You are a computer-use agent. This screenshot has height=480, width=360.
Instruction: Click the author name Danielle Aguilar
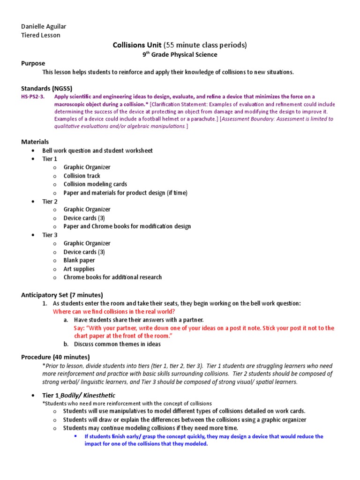pos(43,26)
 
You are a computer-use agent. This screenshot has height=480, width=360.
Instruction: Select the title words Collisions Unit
pos(137,45)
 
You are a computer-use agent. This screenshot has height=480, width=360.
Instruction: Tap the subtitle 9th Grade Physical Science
pos(180,54)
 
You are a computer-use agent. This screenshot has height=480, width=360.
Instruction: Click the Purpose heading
pos(33,63)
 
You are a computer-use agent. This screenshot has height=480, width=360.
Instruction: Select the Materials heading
pos(35,142)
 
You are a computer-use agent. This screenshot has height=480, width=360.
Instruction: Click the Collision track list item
pos(82,176)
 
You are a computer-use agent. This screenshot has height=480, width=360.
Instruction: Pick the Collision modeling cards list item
pos(95,184)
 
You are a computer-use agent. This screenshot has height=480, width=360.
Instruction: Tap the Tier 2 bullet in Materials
pos(50,201)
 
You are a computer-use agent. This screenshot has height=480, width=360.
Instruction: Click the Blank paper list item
pos(79,260)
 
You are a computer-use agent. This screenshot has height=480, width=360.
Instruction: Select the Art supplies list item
pos(79,269)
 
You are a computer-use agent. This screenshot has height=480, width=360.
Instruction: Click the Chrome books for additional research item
pos(112,277)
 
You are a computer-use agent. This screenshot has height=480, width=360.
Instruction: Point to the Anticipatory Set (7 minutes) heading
pos(62,295)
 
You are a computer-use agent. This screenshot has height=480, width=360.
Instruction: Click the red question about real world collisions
pos(114,312)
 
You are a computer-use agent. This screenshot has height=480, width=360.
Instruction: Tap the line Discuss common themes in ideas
pos(117,344)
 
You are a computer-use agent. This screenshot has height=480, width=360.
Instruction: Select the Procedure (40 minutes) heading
pos(55,357)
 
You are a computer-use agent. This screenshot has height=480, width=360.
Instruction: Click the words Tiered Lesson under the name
pos(41,35)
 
